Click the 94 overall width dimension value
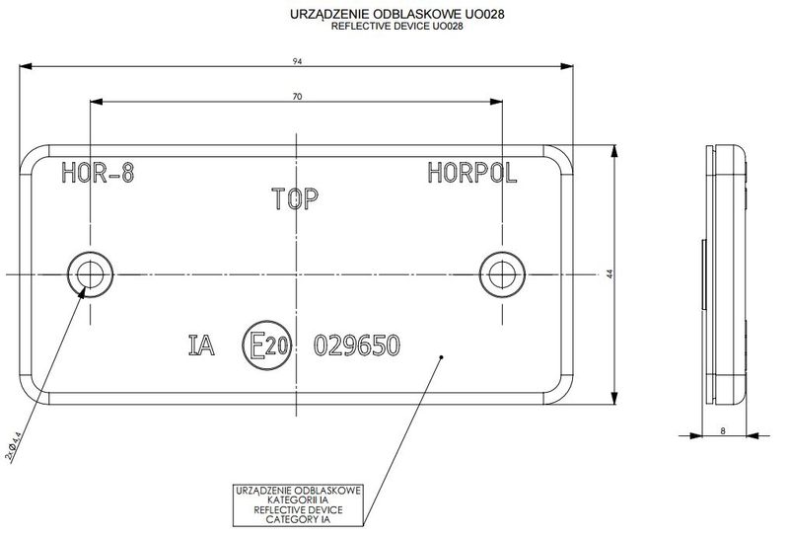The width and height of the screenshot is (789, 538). [297, 61]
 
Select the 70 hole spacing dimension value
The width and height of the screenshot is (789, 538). [297, 96]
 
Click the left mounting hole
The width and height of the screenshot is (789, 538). [89, 271]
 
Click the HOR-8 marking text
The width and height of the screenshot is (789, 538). [98, 175]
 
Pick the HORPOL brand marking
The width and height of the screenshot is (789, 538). [472, 175]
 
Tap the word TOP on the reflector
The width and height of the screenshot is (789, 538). [293, 200]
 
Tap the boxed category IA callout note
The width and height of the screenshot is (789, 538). [298, 504]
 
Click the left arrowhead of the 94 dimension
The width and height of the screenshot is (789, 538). [28, 67]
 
